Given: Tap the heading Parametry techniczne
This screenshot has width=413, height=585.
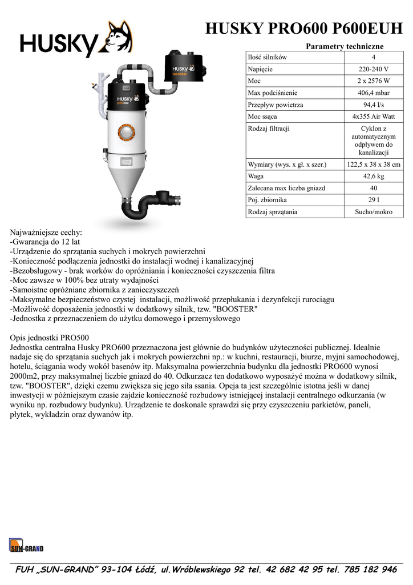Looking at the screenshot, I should [345, 46].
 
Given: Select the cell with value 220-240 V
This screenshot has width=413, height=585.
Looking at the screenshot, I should [373, 69].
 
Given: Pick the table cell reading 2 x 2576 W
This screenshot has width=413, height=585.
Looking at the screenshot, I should [373, 81].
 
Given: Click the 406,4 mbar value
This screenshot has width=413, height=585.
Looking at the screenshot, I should [373, 93].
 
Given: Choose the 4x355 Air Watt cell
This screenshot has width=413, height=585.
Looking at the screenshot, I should [373, 117].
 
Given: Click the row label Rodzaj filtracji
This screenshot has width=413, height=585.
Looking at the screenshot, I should [269, 129].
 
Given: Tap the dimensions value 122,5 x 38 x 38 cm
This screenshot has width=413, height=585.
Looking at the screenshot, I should [373, 165].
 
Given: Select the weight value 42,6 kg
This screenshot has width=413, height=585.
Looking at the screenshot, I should [373, 177].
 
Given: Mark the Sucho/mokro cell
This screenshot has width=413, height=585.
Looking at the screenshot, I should [373, 213].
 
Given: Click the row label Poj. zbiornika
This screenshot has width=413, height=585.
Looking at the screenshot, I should [267, 201].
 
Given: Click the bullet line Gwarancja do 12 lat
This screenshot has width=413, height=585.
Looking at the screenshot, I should [45, 242].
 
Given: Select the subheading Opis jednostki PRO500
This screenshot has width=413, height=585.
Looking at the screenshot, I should [50, 337].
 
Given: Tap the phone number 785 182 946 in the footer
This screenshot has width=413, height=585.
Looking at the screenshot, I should [369, 570].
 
